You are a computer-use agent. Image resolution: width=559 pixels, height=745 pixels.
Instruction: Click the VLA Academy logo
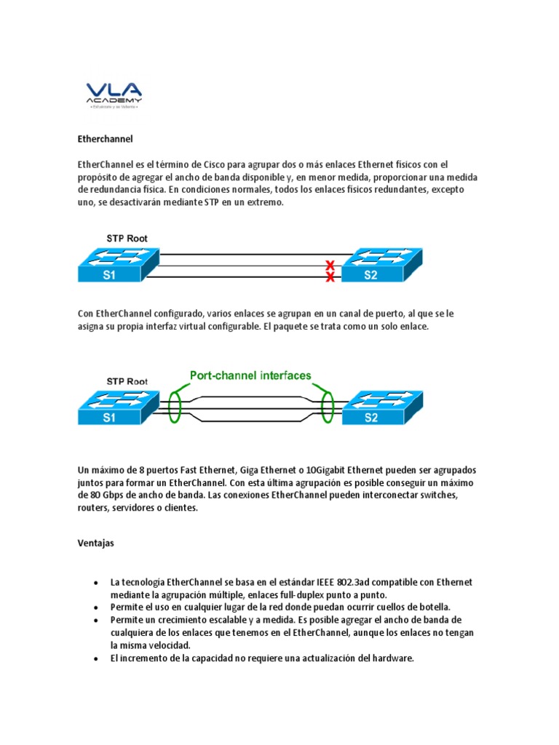[x=114, y=92]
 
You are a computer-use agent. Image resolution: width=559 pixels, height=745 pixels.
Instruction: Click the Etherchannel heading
[x=105, y=138]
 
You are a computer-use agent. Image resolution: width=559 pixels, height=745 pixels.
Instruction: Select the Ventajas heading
[x=96, y=543]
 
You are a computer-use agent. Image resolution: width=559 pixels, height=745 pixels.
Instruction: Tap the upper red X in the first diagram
[x=330, y=264]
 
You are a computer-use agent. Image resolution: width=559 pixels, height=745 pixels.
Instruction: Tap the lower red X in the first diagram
[x=330, y=277]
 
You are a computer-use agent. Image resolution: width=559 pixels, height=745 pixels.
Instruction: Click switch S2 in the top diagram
[x=382, y=266]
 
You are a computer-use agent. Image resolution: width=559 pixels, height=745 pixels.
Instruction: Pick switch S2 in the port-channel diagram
[x=382, y=407]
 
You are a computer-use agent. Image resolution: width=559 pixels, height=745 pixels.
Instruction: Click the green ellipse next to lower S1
[x=174, y=404]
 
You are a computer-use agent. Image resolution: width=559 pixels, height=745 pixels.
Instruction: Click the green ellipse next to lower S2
[x=326, y=404]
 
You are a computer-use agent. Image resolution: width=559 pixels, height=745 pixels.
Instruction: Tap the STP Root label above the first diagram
[x=127, y=238]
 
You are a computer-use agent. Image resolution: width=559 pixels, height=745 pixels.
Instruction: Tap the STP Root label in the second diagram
[x=127, y=381]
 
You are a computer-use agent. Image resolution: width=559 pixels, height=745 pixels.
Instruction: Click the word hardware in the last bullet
[x=392, y=658]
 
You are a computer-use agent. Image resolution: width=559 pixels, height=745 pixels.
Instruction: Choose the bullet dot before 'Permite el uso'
[x=96, y=607]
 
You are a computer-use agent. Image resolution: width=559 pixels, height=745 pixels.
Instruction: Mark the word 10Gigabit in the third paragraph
[x=321, y=470]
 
